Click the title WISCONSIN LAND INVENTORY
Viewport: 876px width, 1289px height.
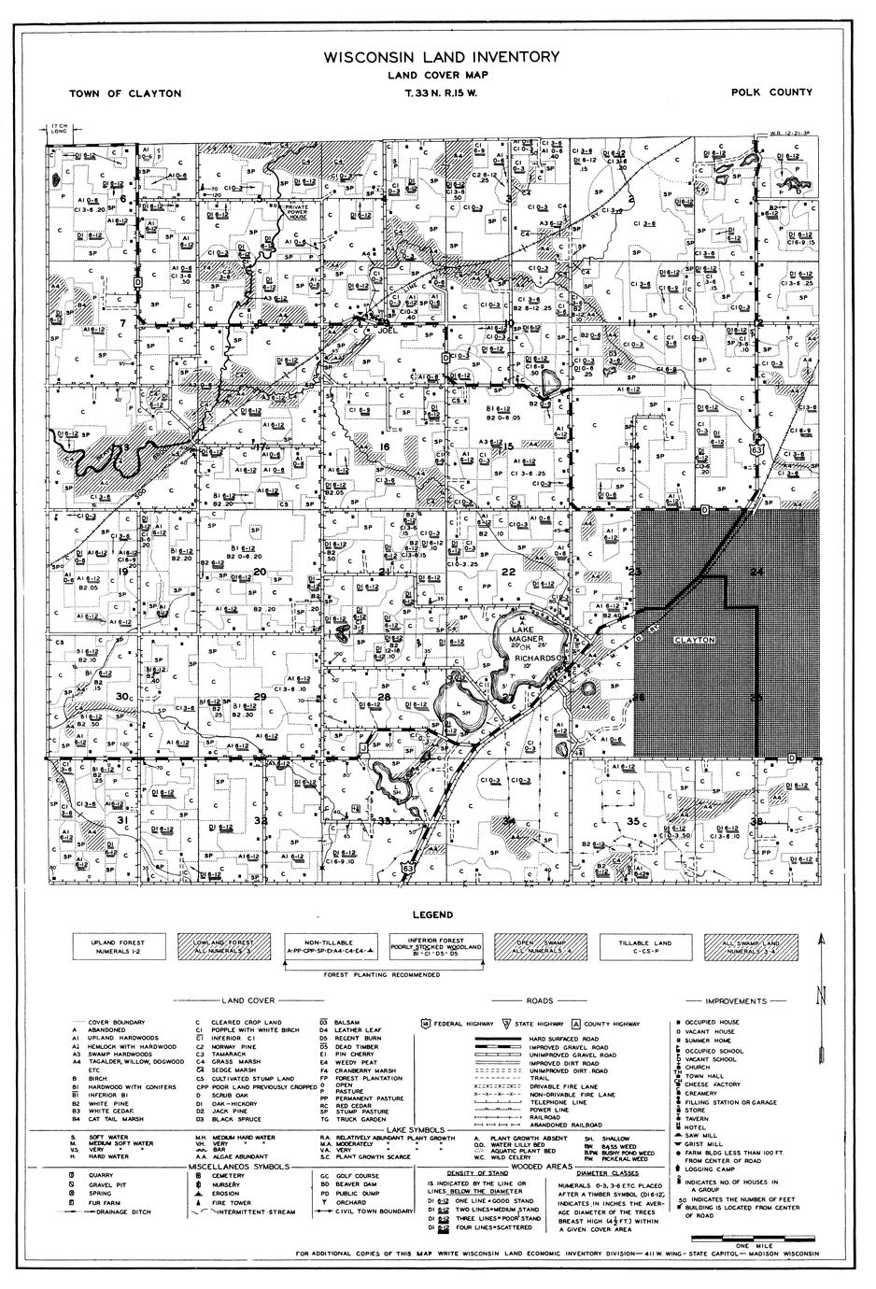[442, 57]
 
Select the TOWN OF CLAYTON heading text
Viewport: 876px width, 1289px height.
[125, 93]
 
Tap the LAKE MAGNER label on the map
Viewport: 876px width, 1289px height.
[518, 636]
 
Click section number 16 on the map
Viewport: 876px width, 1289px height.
[384, 447]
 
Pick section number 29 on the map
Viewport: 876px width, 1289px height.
[260, 697]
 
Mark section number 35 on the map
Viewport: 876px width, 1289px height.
[633, 821]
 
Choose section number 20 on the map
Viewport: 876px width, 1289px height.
[260, 572]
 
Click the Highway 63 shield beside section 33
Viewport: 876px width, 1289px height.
[408, 869]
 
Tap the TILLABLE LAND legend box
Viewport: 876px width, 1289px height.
[641, 946]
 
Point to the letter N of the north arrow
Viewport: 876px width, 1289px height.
[821, 996]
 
